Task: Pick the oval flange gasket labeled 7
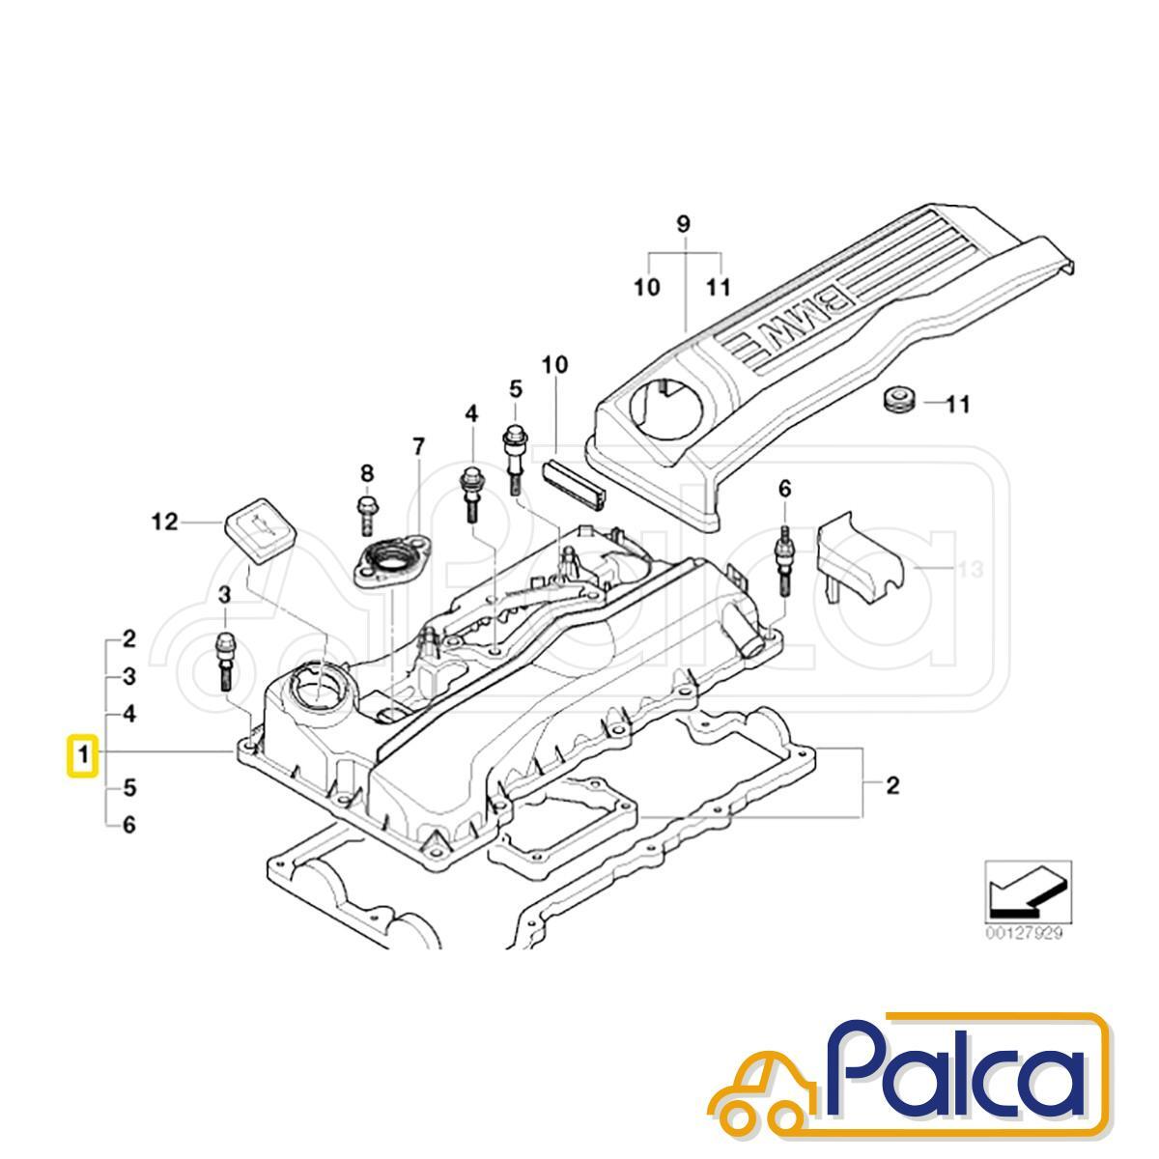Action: tap(393, 559)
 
